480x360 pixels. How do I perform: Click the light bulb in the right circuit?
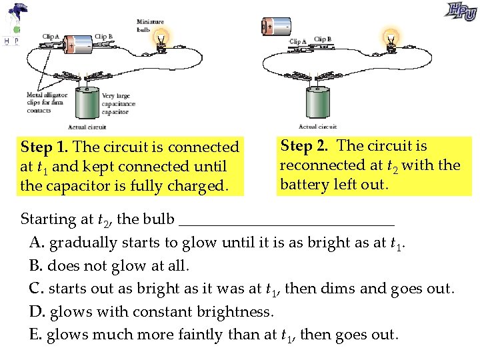(x=391, y=37)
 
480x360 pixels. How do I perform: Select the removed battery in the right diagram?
(x=276, y=27)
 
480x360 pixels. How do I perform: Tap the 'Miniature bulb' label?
(x=150, y=25)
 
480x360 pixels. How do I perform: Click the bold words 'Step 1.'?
(x=46, y=147)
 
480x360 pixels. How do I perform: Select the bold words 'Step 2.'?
(x=306, y=145)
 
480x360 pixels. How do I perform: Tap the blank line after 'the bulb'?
(x=287, y=219)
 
